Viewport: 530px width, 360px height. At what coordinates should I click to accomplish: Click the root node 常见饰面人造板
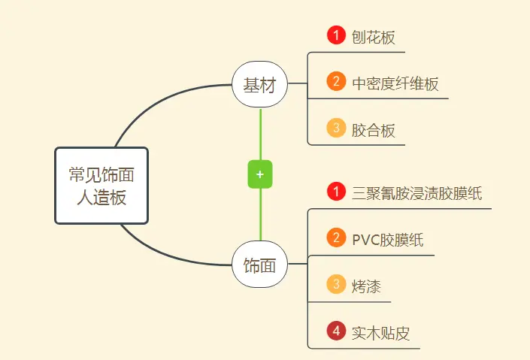click(101, 186)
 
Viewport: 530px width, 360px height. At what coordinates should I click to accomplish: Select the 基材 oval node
click(260, 85)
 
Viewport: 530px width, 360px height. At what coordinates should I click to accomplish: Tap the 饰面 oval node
click(260, 265)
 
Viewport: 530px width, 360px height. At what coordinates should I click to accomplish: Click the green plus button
click(260, 174)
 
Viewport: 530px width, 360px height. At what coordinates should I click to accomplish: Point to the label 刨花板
click(373, 37)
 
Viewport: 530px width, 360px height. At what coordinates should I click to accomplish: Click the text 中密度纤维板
click(395, 83)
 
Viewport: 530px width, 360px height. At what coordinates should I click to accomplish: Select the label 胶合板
click(373, 130)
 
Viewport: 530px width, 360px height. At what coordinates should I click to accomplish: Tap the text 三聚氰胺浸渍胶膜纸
click(416, 194)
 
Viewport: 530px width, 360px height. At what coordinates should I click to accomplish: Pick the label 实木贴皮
click(380, 333)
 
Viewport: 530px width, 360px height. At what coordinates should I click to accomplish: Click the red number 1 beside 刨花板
click(335, 35)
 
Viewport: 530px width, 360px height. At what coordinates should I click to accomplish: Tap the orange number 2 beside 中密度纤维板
click(335, 81)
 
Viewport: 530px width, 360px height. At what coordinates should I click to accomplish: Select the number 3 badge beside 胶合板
click(335, 128)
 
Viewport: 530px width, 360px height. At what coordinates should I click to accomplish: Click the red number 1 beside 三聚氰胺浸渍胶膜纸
click(335, 192)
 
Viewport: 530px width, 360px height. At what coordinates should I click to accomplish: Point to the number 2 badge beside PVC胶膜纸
click(335, 238)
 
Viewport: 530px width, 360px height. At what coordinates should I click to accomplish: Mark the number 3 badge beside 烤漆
click(335, 284)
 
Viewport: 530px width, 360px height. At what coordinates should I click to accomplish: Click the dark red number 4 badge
click(335, 331)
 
